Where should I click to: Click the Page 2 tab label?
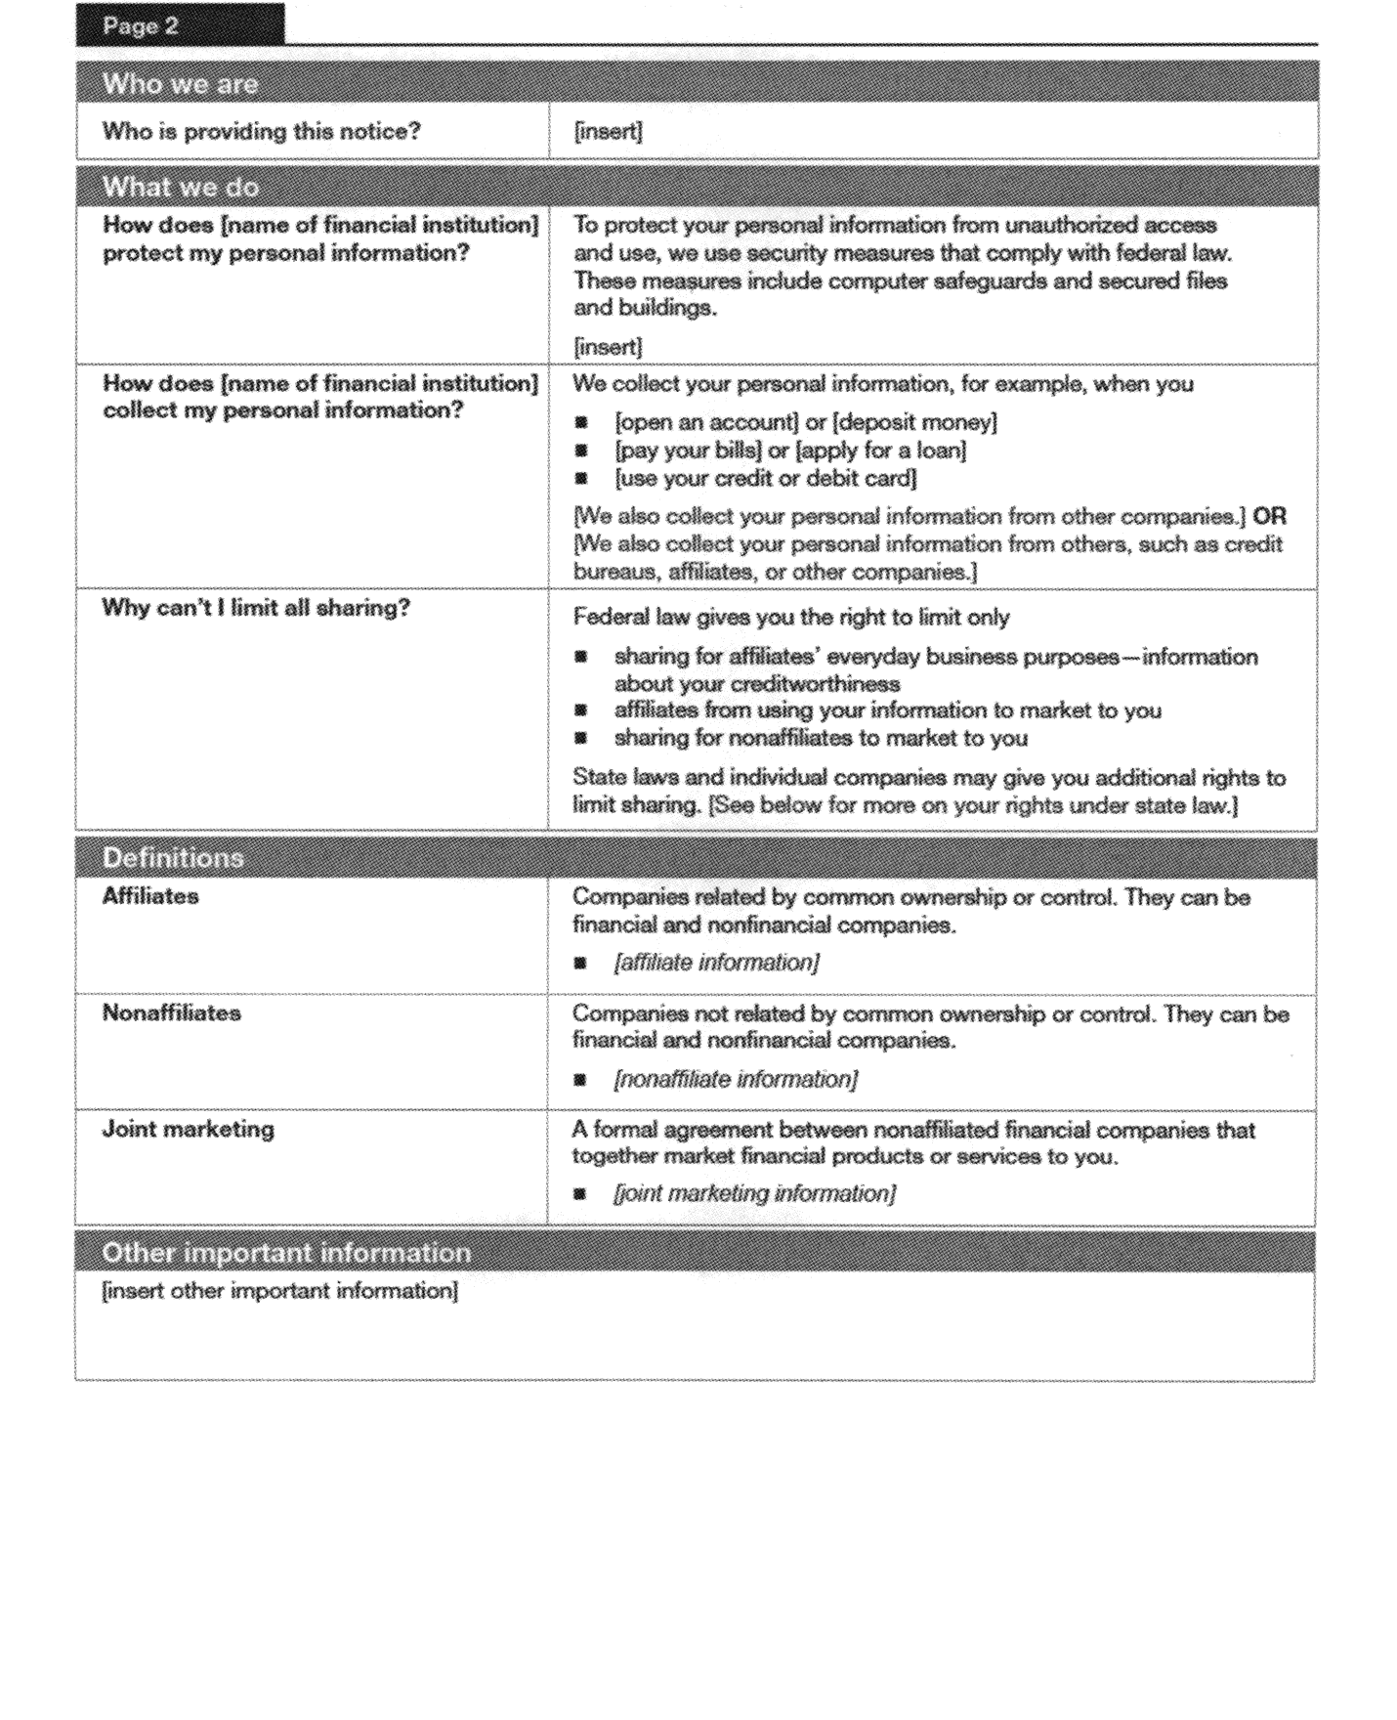click(x=141, y=26)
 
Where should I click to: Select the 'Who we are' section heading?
click(x=180, y=84)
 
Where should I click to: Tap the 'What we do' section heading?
click(x=180, y=187)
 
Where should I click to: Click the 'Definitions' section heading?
click(x=173, y=858)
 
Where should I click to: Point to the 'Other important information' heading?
click(x=286, y=1253)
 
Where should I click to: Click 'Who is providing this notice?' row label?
click(x=261, y=131)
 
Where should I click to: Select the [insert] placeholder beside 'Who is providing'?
click(x=608, y=131)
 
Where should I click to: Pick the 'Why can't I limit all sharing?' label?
click(x=256, y=608)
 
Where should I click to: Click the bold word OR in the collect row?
click(x=1269, y=516)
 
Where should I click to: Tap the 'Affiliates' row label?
click(x=150, y=896)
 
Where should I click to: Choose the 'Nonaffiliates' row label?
click(x=171, y=1012)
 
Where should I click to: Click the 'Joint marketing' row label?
click(x=188, y=1129)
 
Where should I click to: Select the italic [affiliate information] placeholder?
click(x=716, y=963)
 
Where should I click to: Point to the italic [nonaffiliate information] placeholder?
click(x=736, y=1079)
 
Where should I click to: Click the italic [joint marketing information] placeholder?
click(x=754, y=1193)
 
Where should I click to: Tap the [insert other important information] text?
click(x=279, y=1291)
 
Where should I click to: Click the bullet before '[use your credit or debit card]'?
click(x=581, y=479)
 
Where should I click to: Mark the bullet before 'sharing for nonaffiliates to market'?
click(x=581, y=739)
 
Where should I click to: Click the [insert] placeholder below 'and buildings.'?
click(x=608, y=347)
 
